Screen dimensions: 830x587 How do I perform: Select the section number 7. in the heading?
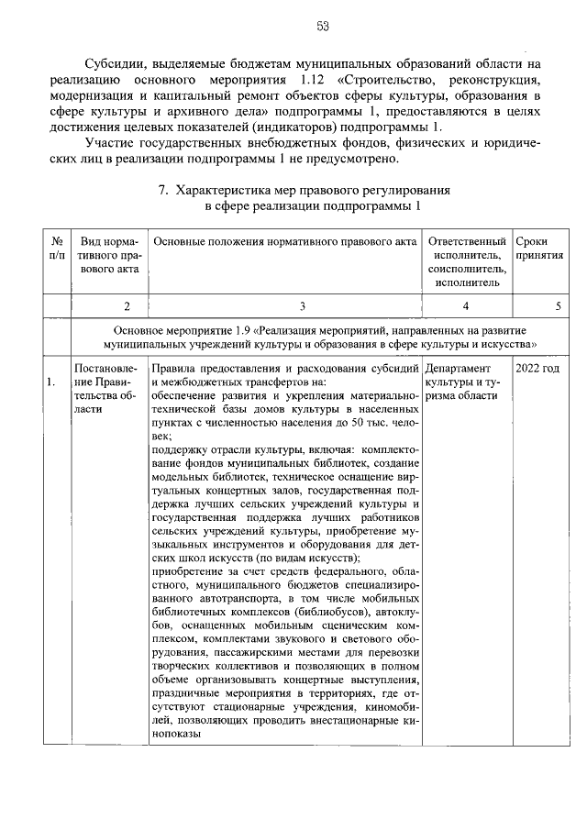[163, 192]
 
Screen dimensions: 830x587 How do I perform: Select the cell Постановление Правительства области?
[108, 389]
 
